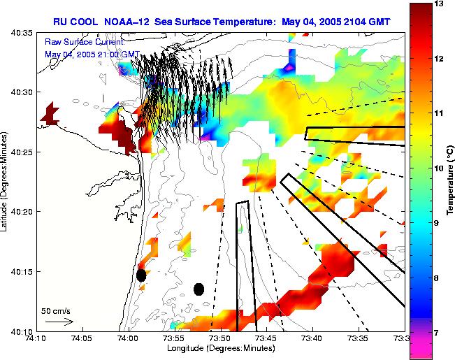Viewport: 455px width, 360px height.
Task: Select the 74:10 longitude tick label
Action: click(36, 338)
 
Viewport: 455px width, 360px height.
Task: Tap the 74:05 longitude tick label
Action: click(82, 338)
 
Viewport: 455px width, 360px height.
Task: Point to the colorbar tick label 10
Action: click(439, 168)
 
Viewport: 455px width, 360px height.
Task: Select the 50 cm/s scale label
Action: click(55, 310)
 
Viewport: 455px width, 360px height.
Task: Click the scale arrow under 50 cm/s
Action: click(59, 322)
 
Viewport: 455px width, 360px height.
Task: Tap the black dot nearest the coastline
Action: click(141, 275)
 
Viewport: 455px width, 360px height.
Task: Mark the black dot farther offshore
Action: click(198, 289)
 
